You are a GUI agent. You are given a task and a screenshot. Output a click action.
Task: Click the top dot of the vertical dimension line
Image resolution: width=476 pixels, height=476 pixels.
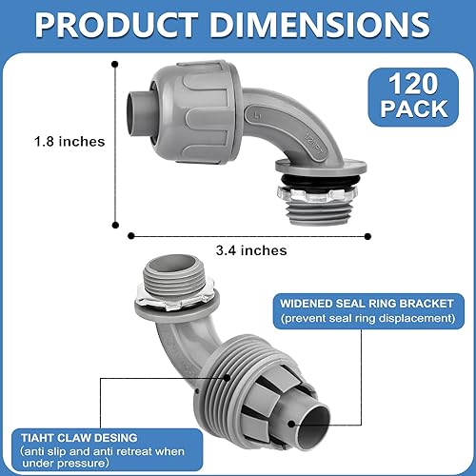point(115,65)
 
